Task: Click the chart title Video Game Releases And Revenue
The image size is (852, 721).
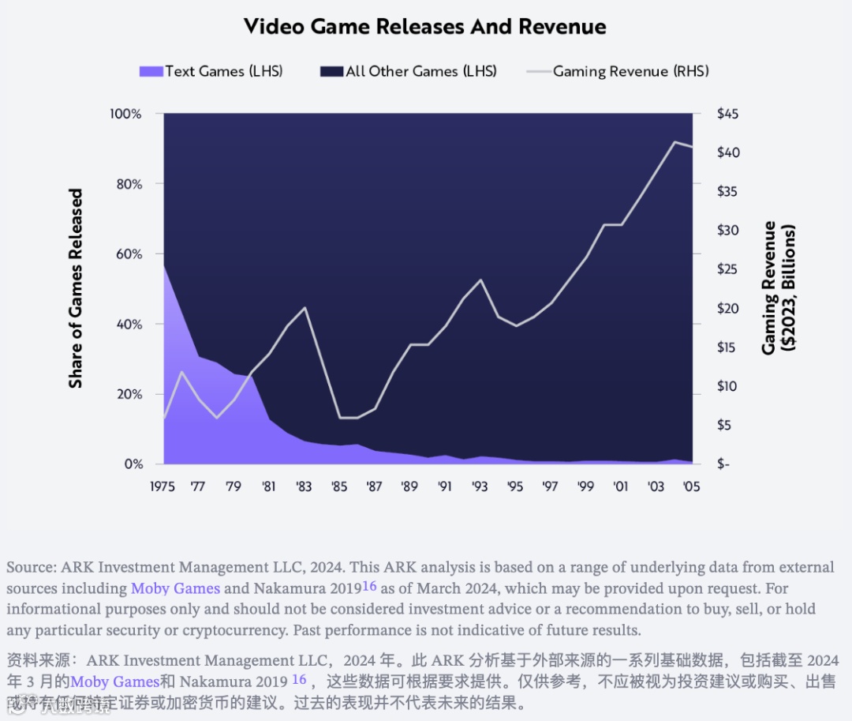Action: pos(425,26)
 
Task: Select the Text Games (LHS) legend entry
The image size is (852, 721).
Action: pos(211,71)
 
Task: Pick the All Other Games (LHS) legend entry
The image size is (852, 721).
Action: pos(409,71)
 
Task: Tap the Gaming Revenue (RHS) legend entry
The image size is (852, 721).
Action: pos(618,71)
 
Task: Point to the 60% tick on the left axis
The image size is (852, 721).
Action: pos(127,254)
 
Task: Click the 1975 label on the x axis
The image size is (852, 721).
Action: pos(163,486)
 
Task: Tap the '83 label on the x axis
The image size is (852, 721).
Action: pos(304,486)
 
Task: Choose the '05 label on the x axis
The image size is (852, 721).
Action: pos(690,486)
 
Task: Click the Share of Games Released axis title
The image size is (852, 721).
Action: pos(76,288)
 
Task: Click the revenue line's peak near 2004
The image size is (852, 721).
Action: pos(674,142)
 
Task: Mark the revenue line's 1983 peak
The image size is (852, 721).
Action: pos(305,307)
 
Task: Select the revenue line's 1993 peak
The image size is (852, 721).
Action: pos(480,280)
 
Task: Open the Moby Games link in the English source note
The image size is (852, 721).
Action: pos(175,588)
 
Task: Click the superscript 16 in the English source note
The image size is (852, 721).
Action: pos(369,586)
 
